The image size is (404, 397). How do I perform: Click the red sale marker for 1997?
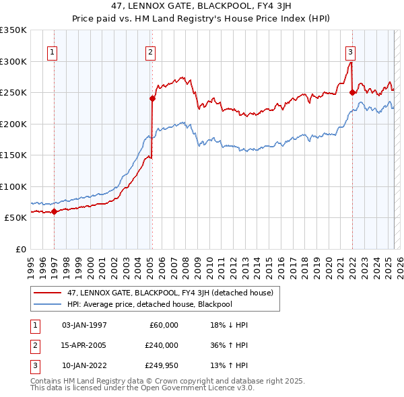point(54,212)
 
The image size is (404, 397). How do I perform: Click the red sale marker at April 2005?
point(152,99)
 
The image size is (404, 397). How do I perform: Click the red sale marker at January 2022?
point(352,93)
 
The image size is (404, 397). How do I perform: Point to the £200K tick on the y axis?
point(13,124)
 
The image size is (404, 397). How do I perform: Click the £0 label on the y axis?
point(20,249)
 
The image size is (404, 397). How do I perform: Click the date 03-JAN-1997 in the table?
point(84,325)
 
